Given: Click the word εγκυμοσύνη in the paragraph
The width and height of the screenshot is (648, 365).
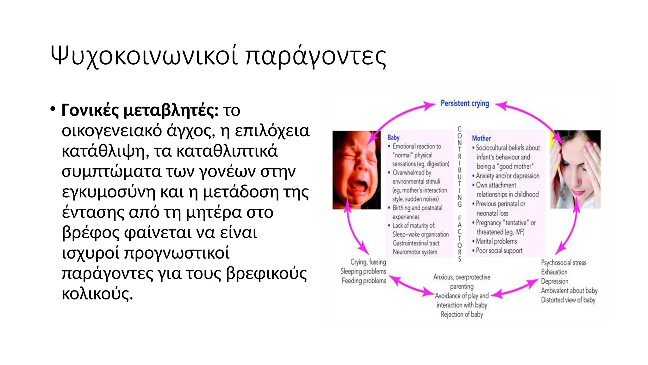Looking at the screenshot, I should click(x=109, y=192).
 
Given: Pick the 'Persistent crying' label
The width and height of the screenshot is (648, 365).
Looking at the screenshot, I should click(x=464, y=104).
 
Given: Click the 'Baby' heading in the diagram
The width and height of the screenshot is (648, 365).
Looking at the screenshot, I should click(x=393, y=138).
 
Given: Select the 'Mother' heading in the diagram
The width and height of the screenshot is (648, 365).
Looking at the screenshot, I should click(x=481, y=138).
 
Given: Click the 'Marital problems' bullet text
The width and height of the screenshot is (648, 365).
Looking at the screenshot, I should click(x=496, y=241).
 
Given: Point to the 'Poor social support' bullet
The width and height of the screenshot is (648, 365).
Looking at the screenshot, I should click(x=499, y=251).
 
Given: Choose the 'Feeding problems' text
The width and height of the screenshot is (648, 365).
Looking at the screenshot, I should click(x=364, y=281).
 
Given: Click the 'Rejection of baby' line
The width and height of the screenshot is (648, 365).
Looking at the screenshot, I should click(x=462, y=314).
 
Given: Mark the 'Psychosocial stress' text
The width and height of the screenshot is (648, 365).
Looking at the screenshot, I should click(x=564, y=263).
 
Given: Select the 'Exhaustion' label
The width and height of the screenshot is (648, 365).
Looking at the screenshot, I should click(x=554, y=272).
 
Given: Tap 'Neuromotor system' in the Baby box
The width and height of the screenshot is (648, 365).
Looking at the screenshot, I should click(x=415, y=252).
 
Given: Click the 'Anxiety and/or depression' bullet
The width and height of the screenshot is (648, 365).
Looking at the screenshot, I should click(x=508, y=176).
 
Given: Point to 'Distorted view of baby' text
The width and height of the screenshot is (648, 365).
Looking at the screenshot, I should click(x=568, y=300).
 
